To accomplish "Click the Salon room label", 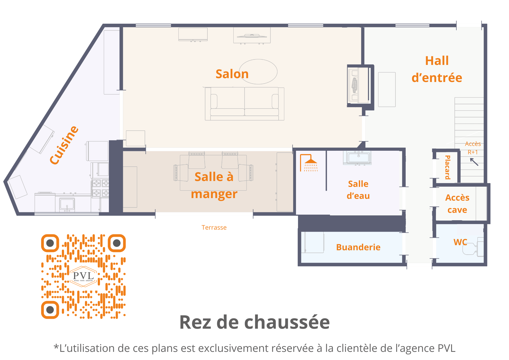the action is (x=232, y=74).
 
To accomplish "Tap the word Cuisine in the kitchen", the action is (x=64, y=145).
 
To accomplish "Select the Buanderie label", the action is (x=358, y=247).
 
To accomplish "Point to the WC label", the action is (x=460, y=242).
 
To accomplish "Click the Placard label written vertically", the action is (x=447, y=167).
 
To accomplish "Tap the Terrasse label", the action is (x=214, y=228).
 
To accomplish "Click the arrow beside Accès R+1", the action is (x=474, y=162).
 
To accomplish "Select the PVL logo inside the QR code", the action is (x=83, y=276).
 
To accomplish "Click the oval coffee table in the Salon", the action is (x=258, y=72).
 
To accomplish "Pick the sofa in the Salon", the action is (x=245, y=104).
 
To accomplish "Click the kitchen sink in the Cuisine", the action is (x=67, y=204).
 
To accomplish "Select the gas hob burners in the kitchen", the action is (x=101, y=188).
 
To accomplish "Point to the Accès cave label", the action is (x=457, y=204).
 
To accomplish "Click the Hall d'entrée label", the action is (x=437, y=69).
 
